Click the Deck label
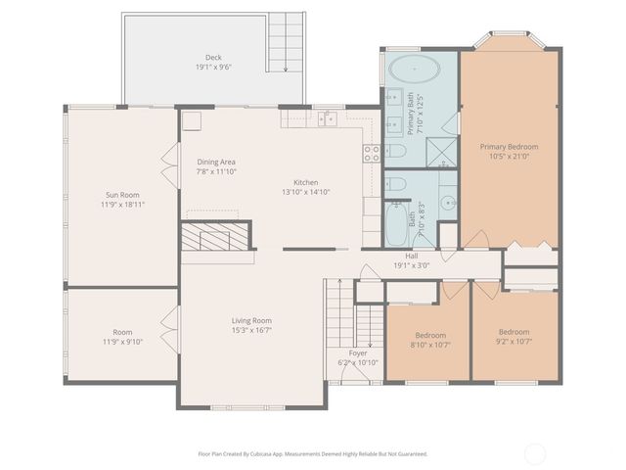click(x=212, y=58)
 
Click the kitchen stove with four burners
click(x=372, y=153)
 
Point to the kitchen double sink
click(x=327, y=118)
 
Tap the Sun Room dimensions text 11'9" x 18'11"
click(x=121, y=205)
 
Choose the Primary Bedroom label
click(x=509, y=147)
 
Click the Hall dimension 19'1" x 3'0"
click(x=411, y=265)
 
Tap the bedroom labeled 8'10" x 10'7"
click(x=430, y=339)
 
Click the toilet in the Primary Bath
click(x=396, y=151)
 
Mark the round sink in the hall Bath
click(x=447, y=204)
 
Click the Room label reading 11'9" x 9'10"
click(x=121, y=341)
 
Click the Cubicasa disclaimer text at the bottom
click(x=313, y=453)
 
